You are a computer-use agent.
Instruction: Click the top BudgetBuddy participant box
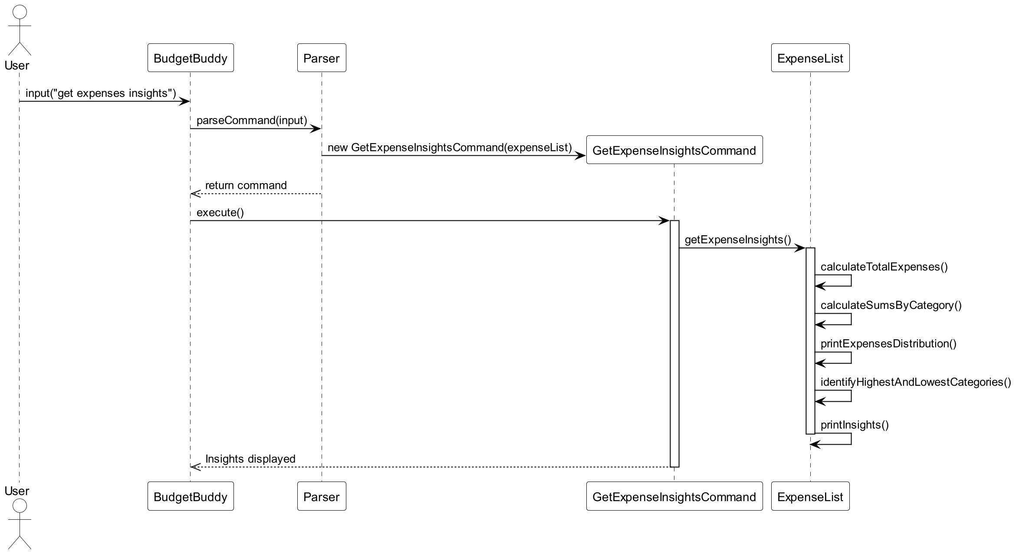(x=191, y=58)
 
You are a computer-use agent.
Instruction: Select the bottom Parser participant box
(x=321, y=496)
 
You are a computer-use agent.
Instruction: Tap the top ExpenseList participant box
(x=810, y=58)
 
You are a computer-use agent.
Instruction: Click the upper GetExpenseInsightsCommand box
(x=674, y=150)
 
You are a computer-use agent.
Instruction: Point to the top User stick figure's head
(x=20, y=12)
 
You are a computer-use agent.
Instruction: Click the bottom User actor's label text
(x=17, y=491)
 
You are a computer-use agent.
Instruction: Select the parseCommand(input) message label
(x=252, y=120)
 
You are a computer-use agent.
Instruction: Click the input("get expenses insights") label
(x=101, y=93)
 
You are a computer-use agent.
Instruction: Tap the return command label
(x=246, y=185)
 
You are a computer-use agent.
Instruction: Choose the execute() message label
(x=220, y=213)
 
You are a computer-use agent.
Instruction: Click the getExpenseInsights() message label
(x=738, y=239)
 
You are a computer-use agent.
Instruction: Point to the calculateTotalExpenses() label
(x=884, y=267)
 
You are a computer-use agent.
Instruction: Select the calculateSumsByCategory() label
(x=891, y=305)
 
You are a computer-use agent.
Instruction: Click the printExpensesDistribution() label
(x=888, y=344)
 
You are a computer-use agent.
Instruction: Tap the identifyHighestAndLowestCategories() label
(x=915, y=382)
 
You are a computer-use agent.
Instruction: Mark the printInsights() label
(x=854, y=425)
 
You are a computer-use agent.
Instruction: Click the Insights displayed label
(x=250, y=459)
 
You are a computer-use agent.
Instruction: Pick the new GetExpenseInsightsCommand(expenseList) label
(x=450, y=148)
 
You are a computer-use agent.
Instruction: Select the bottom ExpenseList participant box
(x=810, y=496)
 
